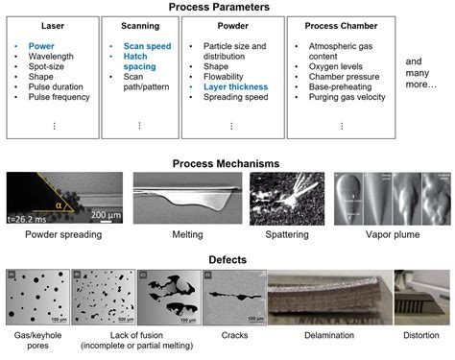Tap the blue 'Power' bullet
42,45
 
